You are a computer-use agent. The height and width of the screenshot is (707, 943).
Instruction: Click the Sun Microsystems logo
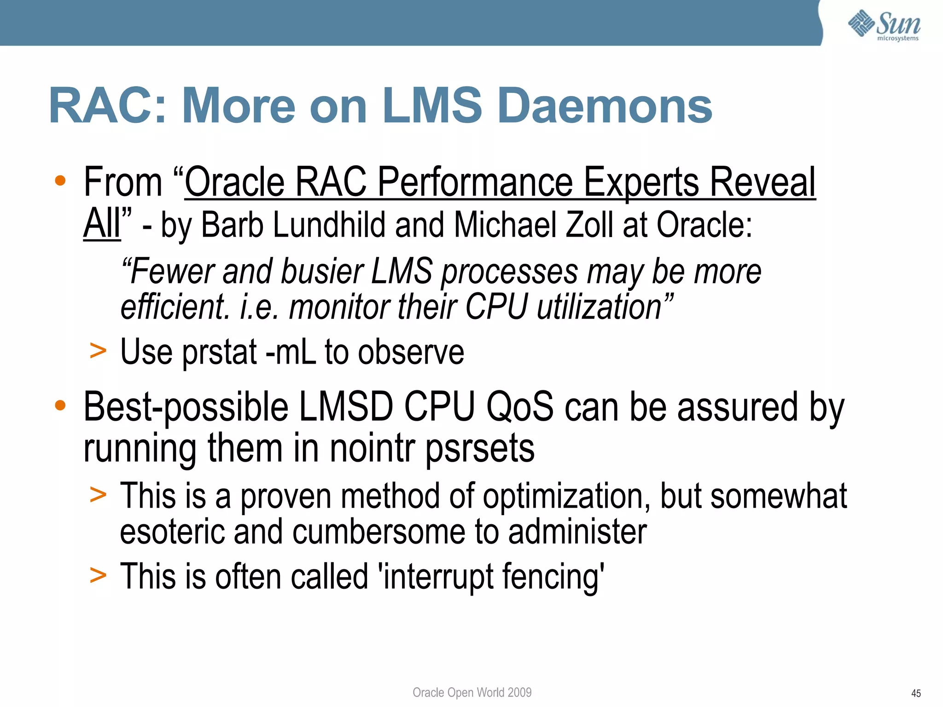tap(884, 25)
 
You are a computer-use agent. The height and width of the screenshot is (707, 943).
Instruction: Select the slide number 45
tap(916, 693)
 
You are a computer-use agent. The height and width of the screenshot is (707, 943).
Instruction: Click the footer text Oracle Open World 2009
tap(472, 692)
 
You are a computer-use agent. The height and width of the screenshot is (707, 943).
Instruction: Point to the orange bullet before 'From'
tap(60, 181)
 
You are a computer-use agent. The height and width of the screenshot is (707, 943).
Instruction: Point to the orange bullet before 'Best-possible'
tap(60, 406)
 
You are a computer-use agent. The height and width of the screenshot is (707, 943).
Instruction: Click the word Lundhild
tap(330, 225)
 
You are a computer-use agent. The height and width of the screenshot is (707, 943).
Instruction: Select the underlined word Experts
tap(642, 183)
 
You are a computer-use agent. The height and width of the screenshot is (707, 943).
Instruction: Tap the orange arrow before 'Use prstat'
tap(98, 351)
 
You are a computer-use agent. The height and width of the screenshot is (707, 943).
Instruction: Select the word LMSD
tap(346, 407)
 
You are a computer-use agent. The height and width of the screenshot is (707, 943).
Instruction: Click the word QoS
tap(520, 407)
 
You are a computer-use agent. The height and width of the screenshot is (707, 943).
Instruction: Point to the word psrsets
tap(479, 449)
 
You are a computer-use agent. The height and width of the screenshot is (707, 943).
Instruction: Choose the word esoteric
tap(173, 532)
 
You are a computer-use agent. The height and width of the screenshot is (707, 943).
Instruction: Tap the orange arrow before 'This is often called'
tap(98, 575)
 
